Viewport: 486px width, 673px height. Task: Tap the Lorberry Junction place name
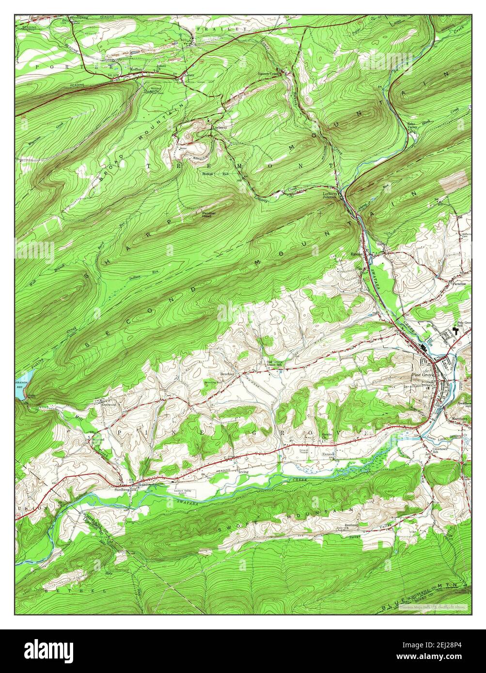click(333, 195)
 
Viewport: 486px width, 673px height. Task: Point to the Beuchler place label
click(228, 374)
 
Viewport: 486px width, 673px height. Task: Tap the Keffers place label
click(137, 70)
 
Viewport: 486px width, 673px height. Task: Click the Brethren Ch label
click(350, 526)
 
